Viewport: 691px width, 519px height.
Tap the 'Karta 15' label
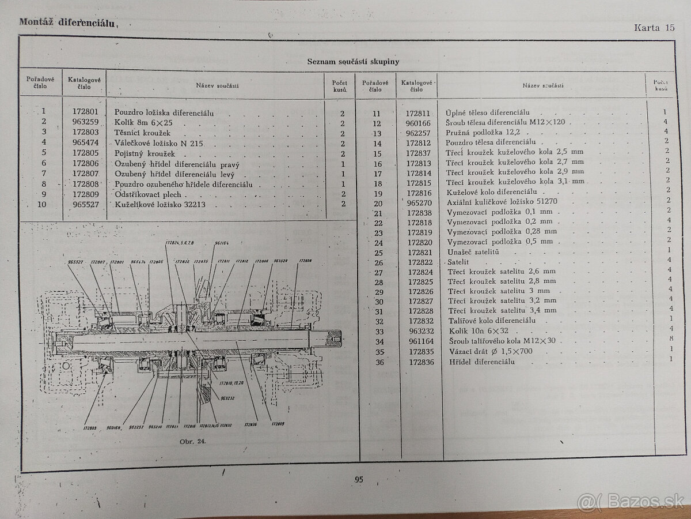[x=654, y=27]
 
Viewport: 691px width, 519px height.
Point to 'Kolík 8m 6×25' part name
[x=143, y=123]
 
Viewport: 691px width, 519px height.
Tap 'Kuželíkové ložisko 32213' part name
[x=160, y=205]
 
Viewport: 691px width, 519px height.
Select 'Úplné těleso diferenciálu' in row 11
[x=488, y=112]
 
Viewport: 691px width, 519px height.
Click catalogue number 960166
[x=417, y=123]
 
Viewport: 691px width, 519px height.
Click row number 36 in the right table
[x=378, y=362]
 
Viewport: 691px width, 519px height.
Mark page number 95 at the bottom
[x=359, y=479]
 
